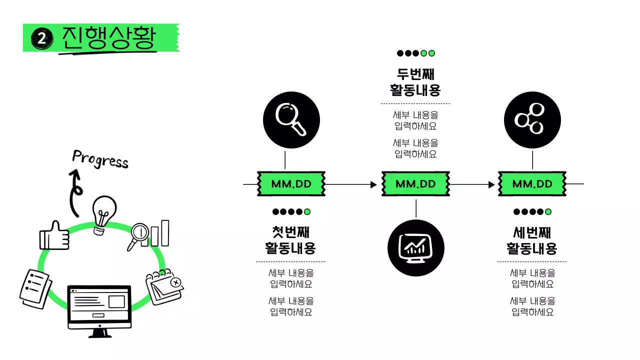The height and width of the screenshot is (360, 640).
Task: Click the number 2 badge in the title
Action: [x=41, y=38]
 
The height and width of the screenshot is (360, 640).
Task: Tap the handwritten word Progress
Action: [x=100, y=159]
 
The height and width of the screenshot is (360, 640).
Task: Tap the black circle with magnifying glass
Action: [x=291, y=120]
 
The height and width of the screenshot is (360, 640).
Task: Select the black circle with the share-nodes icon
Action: [x=532, y=120]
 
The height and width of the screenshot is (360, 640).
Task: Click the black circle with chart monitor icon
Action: [x=416, y=248]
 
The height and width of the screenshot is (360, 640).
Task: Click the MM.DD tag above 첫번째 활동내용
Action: [x=291, y=184]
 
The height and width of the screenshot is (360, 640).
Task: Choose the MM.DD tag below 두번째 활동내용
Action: [x=415, y=184]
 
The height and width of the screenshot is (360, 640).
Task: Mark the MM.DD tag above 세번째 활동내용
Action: [x=532, y=184]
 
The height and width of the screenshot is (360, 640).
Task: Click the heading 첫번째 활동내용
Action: [x=290, y=240]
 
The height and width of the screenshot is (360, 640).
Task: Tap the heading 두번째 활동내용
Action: [x=415, y=82]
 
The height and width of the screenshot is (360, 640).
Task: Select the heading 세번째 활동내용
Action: [x=531, y=240]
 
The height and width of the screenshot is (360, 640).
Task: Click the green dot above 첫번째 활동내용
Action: [x=307, y=212]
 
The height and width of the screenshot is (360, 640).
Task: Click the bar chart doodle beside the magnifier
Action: [x=159, y=233]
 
